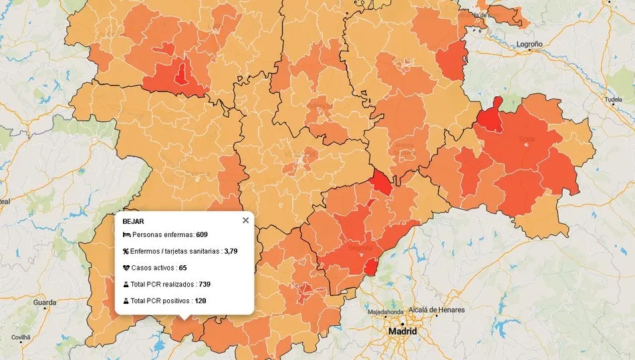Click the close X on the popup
click(x=245, y=220)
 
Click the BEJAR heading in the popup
click(x=134, y=220)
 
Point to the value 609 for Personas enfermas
click(x=202, y=234)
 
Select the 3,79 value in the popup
click(x=231, y=251)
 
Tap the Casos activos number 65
click(x=182, y=268)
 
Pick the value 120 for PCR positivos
click(x=201, y=301)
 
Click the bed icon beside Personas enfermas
click(x=126, y=234)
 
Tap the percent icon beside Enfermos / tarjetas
click(x=126, y=251)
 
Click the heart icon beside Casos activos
click(x=126, y=268)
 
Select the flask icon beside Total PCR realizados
click(x=126, y=284)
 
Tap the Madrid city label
click(x=403, y=331)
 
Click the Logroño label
click(x=529, y=44)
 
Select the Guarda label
click(x=45, y=303)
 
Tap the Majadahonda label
click(x=385, y=312)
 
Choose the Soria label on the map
click(x=527, y=140)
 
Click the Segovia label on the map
click(x=360, y=247)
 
